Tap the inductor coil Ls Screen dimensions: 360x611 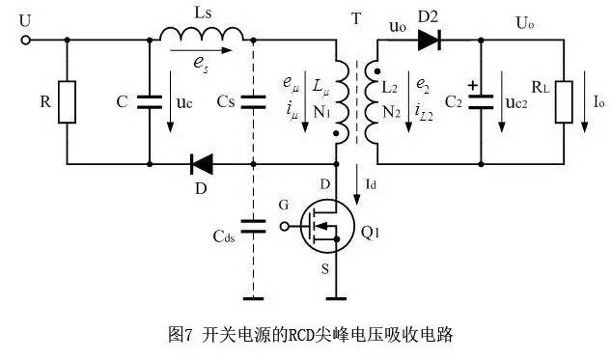(x=202, y=36)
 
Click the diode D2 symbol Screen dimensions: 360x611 (x=430, y=41)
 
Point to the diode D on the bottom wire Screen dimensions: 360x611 (x=202, y=164)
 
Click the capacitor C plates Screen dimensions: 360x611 (x=151, y=101)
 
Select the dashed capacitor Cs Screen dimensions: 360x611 (x=253, y=101)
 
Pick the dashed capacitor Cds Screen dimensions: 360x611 (x=253, y=228)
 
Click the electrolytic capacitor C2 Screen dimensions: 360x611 (x=480, y=102)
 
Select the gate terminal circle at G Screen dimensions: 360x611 (x=284, y=228)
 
